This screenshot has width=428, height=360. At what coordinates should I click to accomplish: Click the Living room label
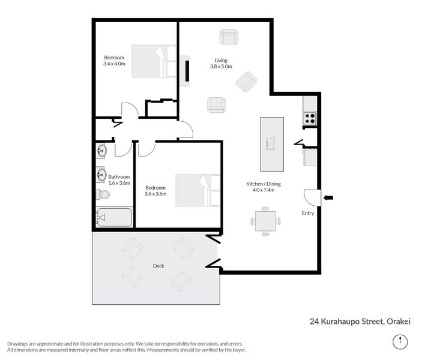tap(221, 60)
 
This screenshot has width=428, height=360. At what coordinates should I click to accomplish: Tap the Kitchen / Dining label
tap(261, 183)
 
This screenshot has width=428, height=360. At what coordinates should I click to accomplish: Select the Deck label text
tap(158, 266)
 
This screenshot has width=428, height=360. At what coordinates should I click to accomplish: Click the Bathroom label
tap(119, 176)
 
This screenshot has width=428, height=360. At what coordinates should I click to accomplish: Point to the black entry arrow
tap(328, 197)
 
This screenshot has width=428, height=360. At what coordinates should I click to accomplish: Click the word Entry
tap(307, 212)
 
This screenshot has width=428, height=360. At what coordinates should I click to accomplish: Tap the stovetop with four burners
tap(310, 119)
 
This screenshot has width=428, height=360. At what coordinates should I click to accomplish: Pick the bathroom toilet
tap(103, 195)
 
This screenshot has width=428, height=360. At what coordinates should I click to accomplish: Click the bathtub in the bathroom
tap(114, 217)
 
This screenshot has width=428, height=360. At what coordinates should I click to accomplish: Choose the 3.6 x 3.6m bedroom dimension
tap(155, 194)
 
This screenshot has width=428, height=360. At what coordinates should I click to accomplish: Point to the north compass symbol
tap(399, 341)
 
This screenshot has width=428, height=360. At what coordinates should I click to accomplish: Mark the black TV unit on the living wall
tap(188, 70)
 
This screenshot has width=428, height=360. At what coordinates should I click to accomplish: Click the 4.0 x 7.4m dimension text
tap(261, 190)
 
